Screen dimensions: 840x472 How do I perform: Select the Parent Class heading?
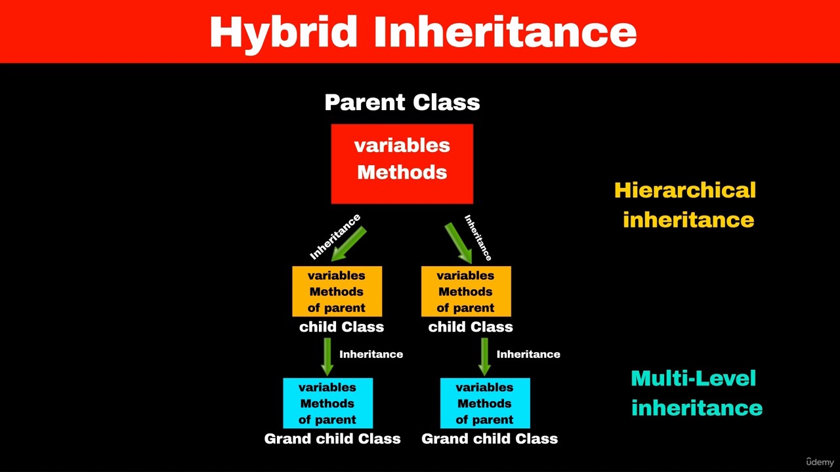[402, 102]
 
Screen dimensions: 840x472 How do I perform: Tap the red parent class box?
[402, 164]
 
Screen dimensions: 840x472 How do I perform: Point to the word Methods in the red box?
[402, 172]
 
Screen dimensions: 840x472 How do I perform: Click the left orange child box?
[337, 292]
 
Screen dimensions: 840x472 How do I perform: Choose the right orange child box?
[466, 292]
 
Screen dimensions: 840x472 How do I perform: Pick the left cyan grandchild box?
[327, 403]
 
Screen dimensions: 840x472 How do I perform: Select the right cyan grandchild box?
[485, 403]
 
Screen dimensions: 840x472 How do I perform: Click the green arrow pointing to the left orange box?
[348, 245]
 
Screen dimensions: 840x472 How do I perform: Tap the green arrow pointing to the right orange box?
[458, 243]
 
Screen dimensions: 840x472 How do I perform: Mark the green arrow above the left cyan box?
[327, 357]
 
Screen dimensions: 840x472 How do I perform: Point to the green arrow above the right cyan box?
[484, 357]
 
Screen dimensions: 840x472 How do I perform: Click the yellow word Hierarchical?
[685, 190]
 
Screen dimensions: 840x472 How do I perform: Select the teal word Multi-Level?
[694, 379]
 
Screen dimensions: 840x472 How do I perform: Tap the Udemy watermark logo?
[820, 462]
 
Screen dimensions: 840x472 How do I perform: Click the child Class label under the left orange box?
[342, 327]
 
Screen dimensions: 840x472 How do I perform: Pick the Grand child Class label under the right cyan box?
[490, 439]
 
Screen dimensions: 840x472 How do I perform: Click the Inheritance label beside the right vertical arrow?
[528, 355]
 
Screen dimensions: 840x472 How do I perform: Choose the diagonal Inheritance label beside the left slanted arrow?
[335, 237]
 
